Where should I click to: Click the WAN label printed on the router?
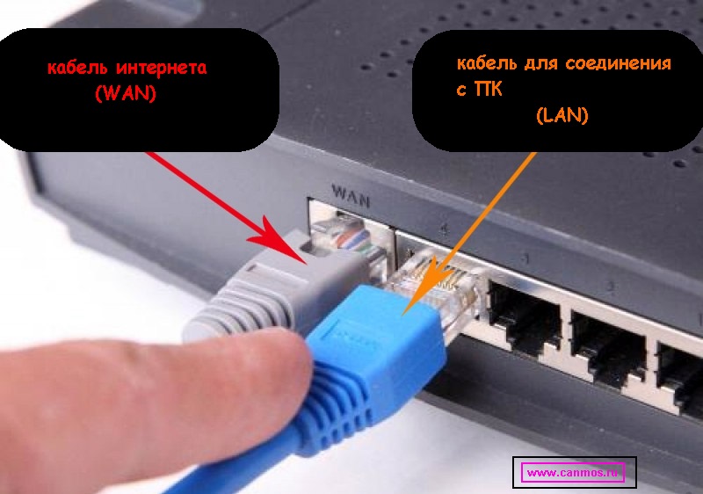pos(351,195)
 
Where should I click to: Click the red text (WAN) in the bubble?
pos(126,93)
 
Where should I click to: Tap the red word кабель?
pos(77,68)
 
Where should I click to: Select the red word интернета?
pos(162,68)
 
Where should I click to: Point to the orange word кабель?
pos(487,62)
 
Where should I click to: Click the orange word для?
pos(541,63)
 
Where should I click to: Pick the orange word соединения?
pos(619,63)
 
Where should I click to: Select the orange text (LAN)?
pos(562,116)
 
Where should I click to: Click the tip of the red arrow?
pos(307,264)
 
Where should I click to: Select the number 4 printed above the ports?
pos(444,229)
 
